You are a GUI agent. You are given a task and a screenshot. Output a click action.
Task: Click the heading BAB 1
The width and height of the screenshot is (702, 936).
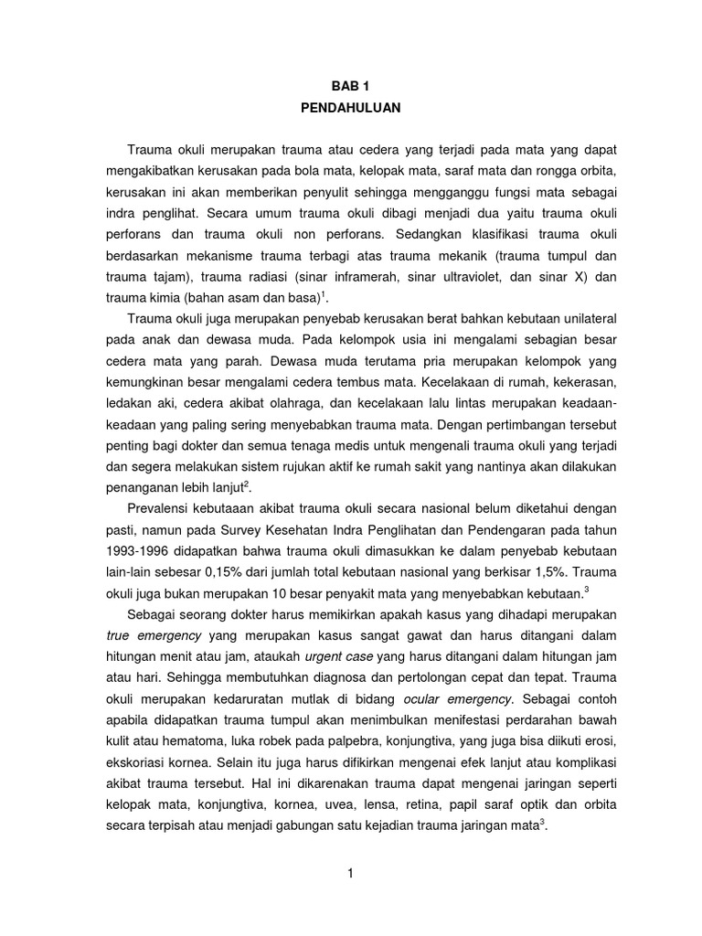click(x=351, y=84)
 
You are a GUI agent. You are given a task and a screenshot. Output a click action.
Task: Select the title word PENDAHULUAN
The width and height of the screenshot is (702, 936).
click(x=351, y=107)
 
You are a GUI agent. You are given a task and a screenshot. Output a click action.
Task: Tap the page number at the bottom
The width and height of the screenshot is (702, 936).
click(x=350, y=874)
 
